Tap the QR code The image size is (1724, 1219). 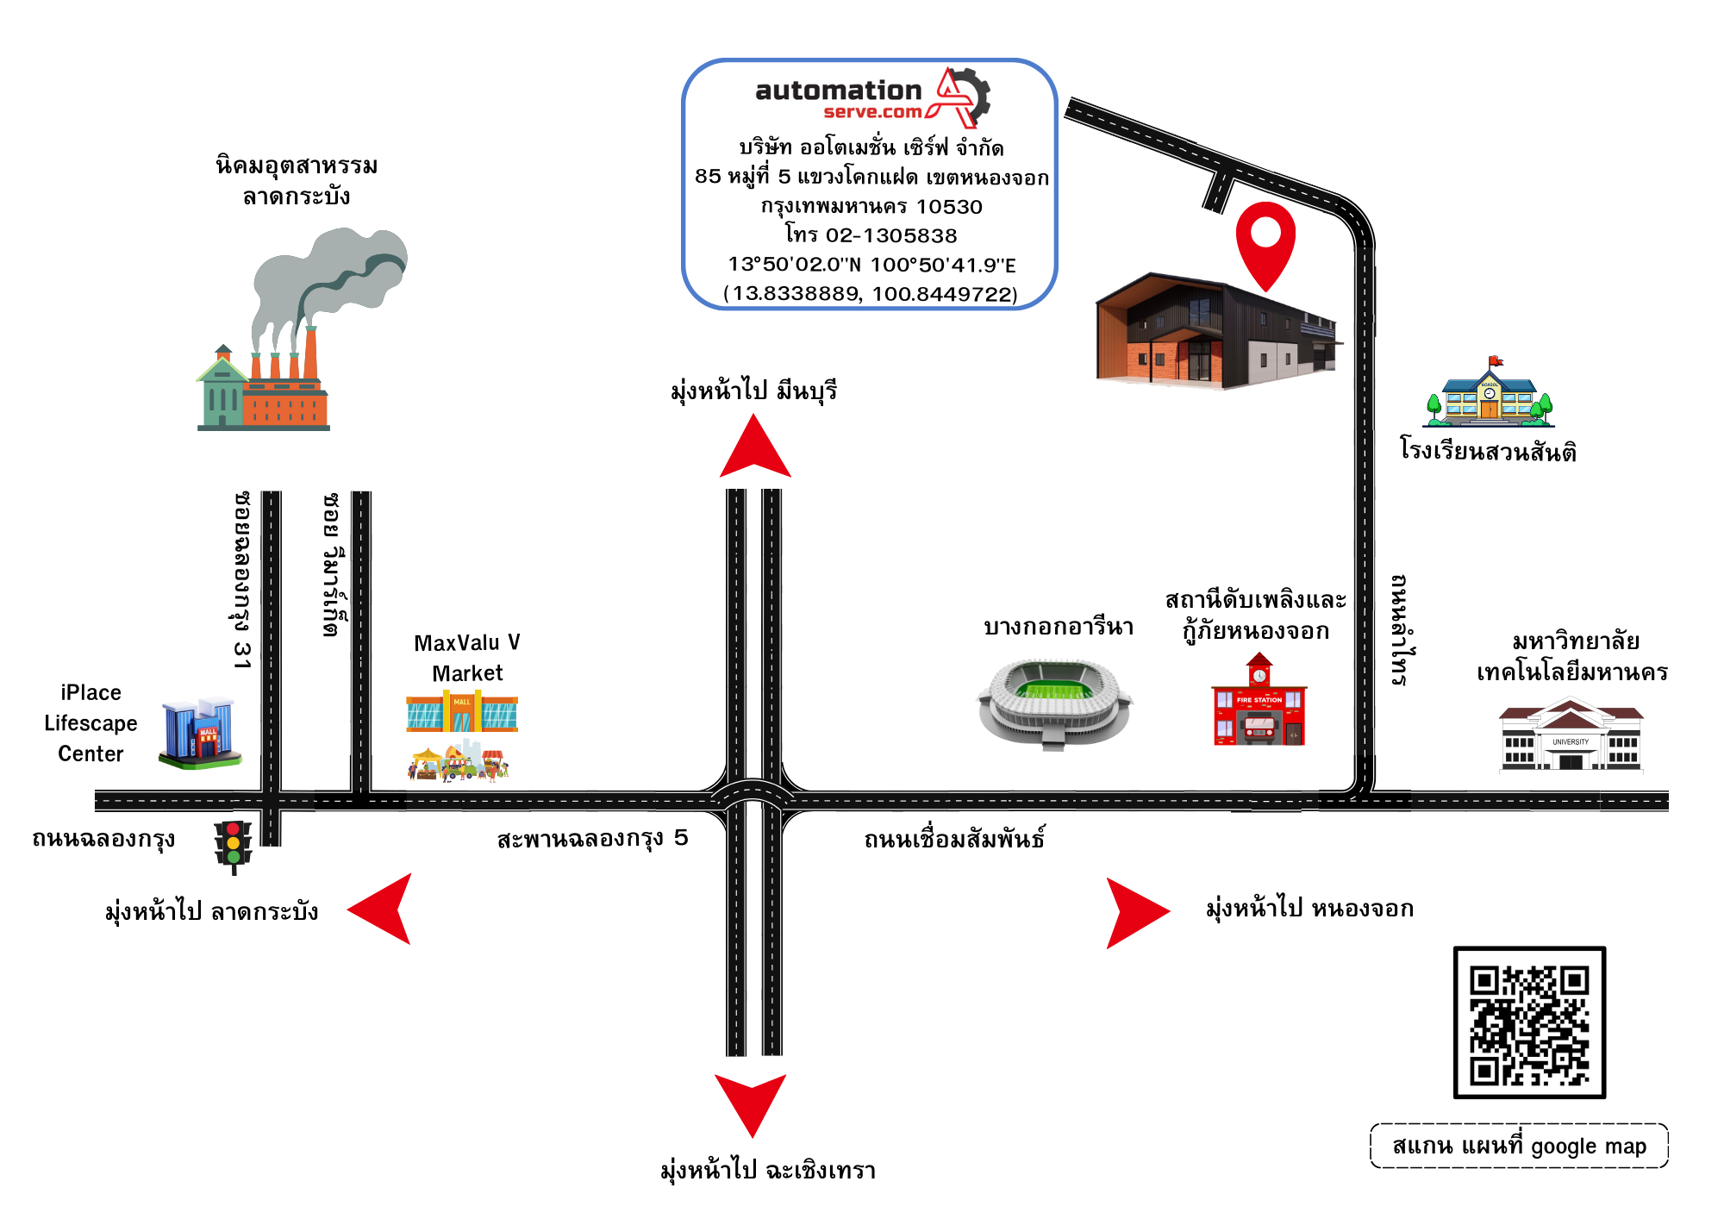tap(1529, 1022)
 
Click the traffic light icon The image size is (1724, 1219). tap(233, 845)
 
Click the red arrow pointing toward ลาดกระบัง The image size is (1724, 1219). tap(384, 910)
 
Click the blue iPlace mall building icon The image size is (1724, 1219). tap(199, 734)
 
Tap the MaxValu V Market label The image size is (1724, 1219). tap(467, 657)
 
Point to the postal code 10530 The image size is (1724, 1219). tap(949, 207)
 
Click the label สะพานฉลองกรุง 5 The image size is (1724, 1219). tap(592, 838)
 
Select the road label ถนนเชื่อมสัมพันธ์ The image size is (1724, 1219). tap(954, 839)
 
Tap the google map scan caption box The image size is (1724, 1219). tap(1519, 1146)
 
